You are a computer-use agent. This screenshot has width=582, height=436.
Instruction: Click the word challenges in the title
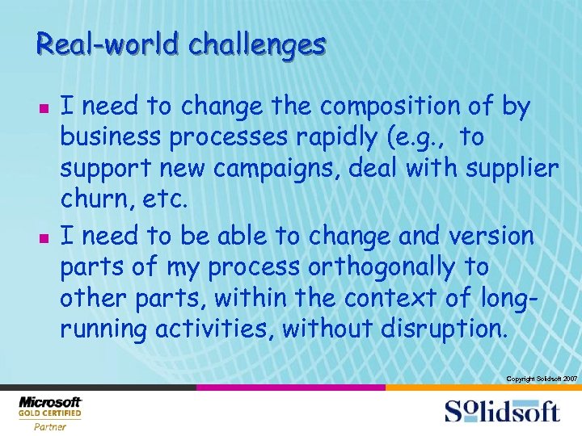(257, 44)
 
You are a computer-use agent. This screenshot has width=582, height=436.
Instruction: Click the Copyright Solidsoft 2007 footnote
(540, 379)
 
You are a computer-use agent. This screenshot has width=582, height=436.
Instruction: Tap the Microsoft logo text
(50, 402)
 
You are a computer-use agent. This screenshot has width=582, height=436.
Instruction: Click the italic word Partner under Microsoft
(50, 427)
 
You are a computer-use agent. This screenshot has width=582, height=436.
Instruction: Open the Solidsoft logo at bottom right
(501, 411)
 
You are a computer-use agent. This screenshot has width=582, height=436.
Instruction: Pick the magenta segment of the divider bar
(290, 388)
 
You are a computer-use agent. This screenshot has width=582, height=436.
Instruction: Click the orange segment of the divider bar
(483, 388)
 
